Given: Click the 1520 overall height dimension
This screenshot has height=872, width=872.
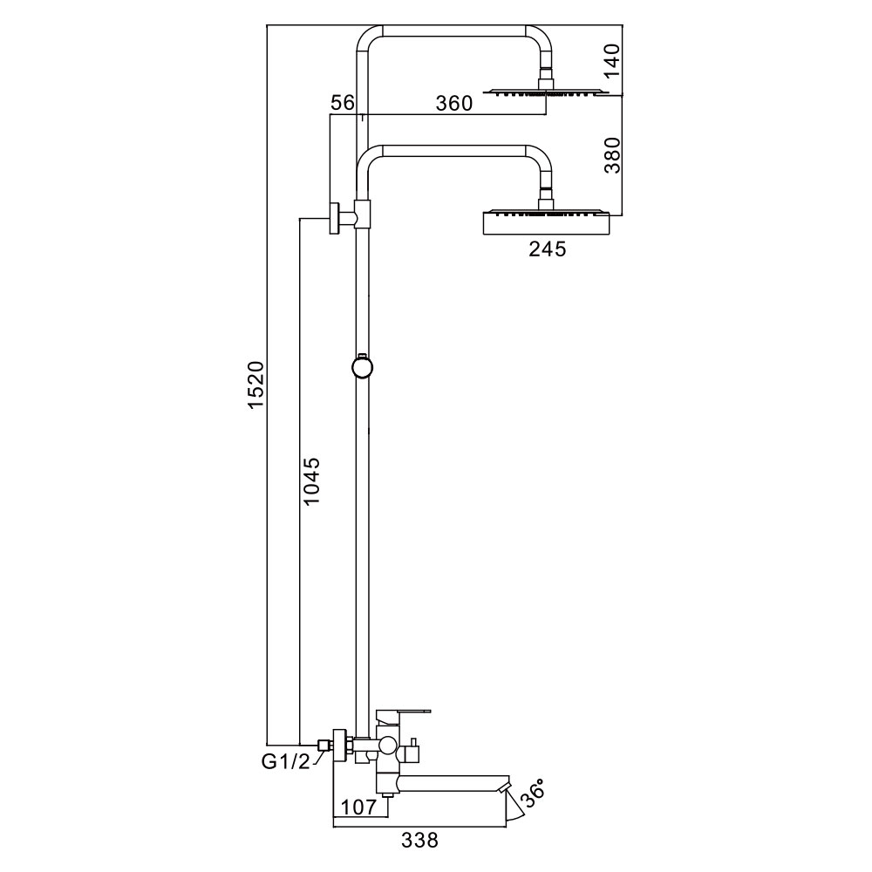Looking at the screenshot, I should (255, 384).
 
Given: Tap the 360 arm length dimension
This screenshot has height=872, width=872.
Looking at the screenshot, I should (453, 103).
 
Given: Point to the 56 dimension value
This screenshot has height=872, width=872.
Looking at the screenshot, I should (343, 103).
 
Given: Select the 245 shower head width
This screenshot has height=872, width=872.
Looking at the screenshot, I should (547, 249).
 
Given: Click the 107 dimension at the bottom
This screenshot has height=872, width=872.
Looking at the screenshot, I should (358, 807).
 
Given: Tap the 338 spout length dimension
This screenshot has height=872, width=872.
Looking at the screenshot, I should (419, 841).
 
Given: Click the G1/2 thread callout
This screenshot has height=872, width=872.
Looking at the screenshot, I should (286, 762).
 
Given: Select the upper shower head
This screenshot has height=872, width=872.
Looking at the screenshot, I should (546, 92).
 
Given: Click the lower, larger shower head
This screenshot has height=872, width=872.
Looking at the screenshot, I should (547, 221).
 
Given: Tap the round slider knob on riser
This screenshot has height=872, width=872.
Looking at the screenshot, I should (362, 366).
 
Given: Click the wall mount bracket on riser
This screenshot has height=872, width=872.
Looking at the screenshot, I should (335, 217).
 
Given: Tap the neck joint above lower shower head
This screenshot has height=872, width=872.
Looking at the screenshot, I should (547, 197).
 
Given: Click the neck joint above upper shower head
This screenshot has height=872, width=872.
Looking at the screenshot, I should (547, 78).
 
